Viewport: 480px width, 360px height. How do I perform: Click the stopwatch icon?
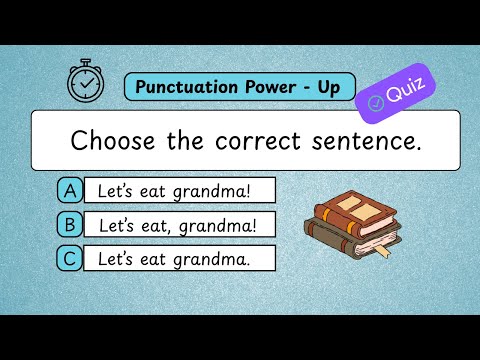85,82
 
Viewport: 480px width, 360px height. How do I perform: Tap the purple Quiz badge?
397,92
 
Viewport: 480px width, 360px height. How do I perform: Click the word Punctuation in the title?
187,87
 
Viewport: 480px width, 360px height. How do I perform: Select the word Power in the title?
268,87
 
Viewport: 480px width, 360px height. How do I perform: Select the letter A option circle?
70,190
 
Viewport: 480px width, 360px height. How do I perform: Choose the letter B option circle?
70,225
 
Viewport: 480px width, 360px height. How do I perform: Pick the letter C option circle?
70,259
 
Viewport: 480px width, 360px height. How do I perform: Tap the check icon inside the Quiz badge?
376,101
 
